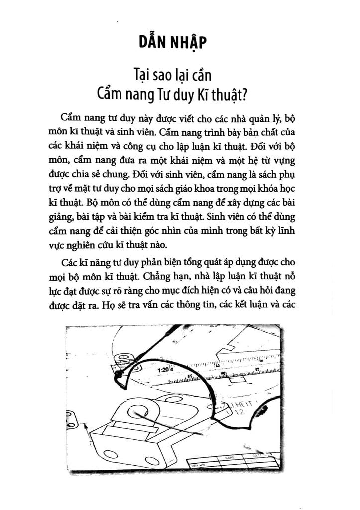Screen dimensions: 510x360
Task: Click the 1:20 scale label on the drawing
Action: point(163,371)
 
